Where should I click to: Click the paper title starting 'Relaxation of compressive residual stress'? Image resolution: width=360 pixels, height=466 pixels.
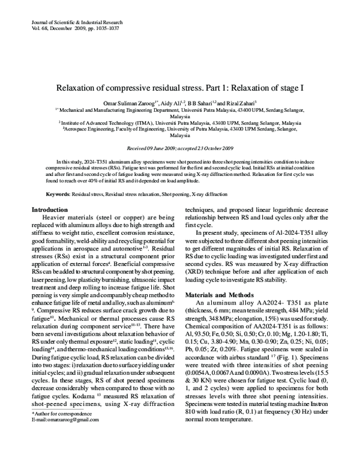(x=180, y=87)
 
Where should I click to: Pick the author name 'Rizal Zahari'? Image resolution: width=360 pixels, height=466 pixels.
(x=239, y=103)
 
